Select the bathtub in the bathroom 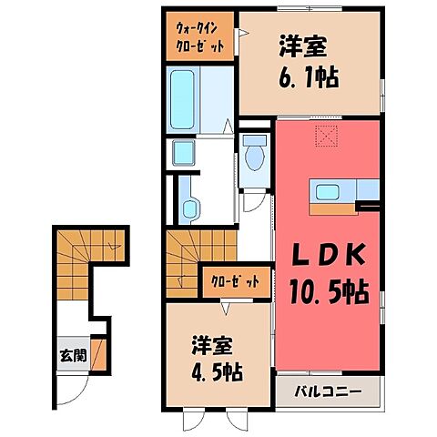click(x=188, y=101)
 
